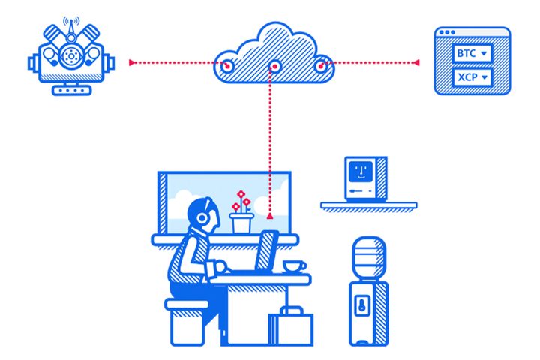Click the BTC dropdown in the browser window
[x=472, y=53]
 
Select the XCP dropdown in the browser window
[x=472, y=77]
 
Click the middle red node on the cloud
[x=274, y=67]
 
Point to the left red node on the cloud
[x=227, y=66]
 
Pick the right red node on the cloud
[x=321, y=66]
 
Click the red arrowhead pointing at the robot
[x=132, y=62]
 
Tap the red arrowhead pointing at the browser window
[x=416, y=63]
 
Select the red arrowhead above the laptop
[x=270, y=216]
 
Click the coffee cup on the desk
[x=294, y=267]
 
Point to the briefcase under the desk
[x=291, y=326]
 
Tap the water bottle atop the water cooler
[x=369, y=258]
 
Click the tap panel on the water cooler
[x=362, y=305]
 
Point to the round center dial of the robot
[x=71, y=55]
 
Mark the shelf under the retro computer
[x=369, y=205]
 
